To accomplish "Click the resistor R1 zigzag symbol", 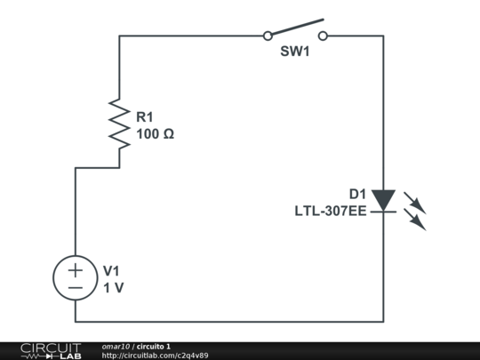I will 119,123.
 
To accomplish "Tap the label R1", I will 145,116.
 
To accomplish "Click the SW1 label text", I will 294,52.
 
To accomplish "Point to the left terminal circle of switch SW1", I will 267,36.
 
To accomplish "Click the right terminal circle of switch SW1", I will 323,36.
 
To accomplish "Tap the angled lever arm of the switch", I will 295,27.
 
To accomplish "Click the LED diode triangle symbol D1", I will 383,200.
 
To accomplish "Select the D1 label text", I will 357,194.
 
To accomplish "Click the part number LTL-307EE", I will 331,212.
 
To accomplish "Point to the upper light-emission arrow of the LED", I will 415,202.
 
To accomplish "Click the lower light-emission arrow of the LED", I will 415,220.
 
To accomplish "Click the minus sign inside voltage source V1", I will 76,288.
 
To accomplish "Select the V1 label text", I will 111,270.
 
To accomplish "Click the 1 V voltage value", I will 113,288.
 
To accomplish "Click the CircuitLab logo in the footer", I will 50,350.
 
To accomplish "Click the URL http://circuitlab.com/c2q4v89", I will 155,356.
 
